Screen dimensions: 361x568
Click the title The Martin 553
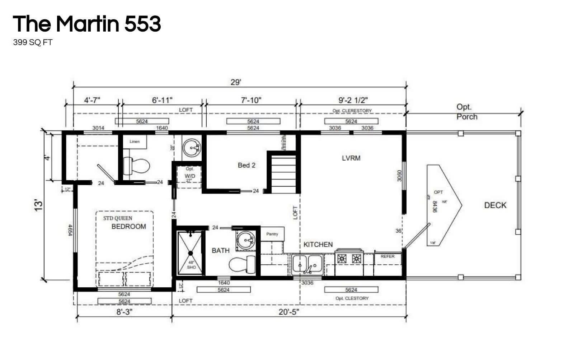[86, 24]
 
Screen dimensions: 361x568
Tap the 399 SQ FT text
[33, 42]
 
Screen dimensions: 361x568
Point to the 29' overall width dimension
[235, 82]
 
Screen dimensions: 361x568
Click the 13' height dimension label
[39, 205]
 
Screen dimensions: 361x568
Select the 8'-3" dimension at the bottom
[125, 312]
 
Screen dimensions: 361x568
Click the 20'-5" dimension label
[288, 312]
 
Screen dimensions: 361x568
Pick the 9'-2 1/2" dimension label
[353, 100]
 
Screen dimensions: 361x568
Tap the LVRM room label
[351, 158]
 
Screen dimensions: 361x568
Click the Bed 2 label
[247, 165]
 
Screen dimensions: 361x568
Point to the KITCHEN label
[318, 245]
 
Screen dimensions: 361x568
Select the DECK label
[495, 205]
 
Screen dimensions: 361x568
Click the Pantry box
[272, 234]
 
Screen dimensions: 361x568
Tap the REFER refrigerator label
[388, 256]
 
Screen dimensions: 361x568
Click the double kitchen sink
[307, 264]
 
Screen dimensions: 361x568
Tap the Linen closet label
[135, 142]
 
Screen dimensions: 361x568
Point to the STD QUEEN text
[118, 218]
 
